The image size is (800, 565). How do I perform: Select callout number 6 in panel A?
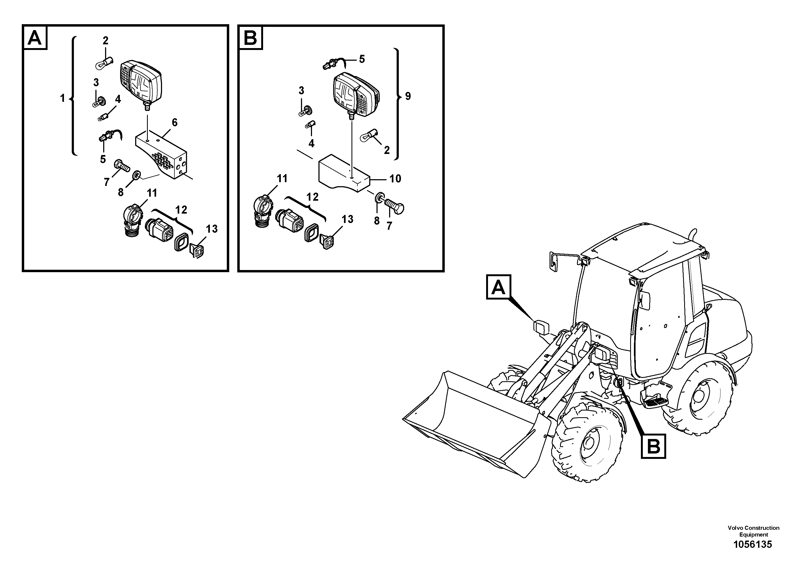174,122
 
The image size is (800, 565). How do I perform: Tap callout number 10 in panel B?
395,179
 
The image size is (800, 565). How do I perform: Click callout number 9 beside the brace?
408,96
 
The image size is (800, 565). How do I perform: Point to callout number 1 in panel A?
62,98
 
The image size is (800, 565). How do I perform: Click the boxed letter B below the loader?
653,446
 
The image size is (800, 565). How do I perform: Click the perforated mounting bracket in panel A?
162,157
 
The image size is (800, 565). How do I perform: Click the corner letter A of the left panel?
34,38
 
